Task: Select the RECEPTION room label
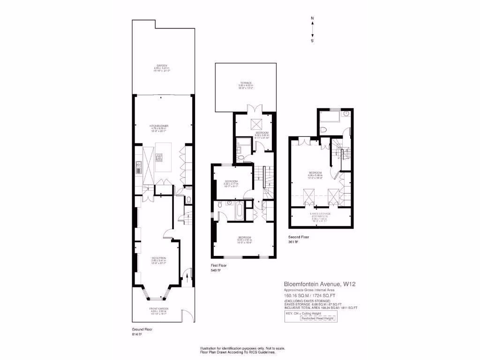click(158, 258)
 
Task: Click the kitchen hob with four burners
click(158, 157)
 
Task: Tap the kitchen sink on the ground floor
click(139, 167)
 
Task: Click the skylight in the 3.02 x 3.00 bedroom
click(255, 124)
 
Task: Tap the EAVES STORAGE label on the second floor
click(320, 214)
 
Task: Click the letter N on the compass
click(313, 19)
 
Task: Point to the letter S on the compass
click(313, 41)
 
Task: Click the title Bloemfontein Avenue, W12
click(316, 284)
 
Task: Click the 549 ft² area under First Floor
click(216, 270)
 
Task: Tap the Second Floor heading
click(299, 237)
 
